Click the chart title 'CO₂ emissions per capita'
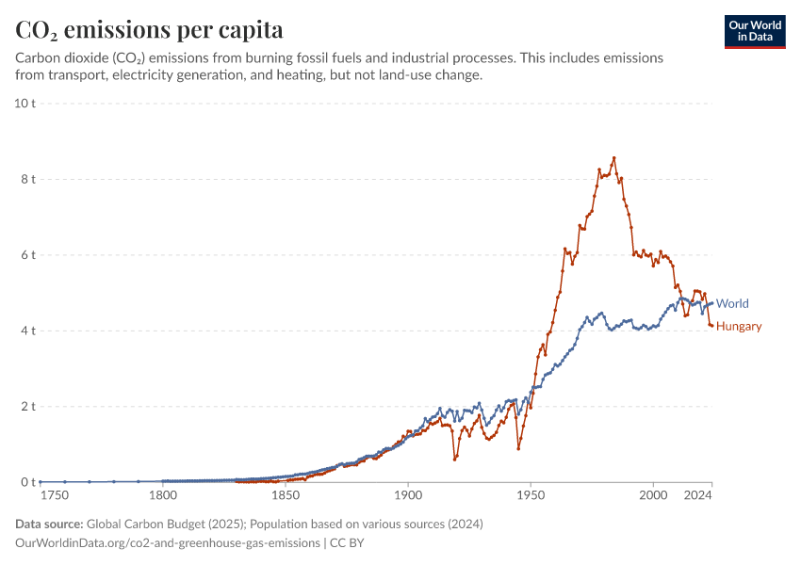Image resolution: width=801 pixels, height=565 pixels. [x=150, y=30]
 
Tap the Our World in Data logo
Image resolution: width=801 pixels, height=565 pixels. [x=754, y=31]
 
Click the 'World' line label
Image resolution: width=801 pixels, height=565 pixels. [x=732, y=303]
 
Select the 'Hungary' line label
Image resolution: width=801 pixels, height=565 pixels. [x=739, y=327]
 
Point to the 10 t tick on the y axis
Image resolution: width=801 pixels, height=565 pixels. [x=25, y=103]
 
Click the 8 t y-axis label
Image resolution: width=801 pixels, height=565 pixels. [x=28, y=179]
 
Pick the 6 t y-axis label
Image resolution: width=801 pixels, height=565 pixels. [x=28, y=255]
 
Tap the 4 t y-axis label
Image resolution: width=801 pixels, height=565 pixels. [x=28, y=331]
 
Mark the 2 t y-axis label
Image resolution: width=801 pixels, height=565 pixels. [x=28, y=407]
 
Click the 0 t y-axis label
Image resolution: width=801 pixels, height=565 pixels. [x=28, y=482]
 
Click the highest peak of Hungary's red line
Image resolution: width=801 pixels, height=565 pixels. [x=614, y=157]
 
